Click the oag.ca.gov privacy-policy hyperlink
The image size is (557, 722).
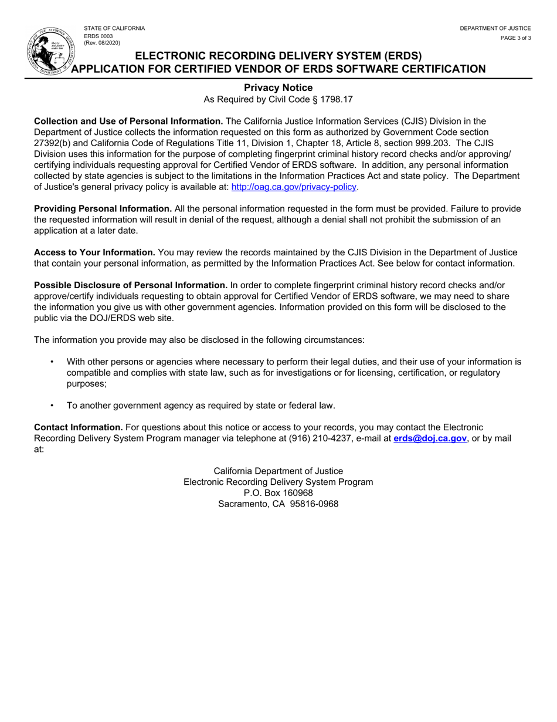point(294,187)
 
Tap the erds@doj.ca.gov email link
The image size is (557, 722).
point(430,438)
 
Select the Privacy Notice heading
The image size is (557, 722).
point(278,88)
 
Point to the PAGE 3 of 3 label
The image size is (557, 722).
point(515,38)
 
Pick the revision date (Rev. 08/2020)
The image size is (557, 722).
point(102,43)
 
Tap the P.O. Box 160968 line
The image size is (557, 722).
point(278,492)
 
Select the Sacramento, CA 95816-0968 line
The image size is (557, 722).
point(278,504)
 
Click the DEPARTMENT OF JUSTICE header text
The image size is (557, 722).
point(495,28)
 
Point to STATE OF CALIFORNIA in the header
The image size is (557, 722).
point(114,28)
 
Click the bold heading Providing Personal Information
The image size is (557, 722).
point(103,208)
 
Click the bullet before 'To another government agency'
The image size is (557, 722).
point(53,405)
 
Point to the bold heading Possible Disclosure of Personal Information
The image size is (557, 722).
point(131,285)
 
